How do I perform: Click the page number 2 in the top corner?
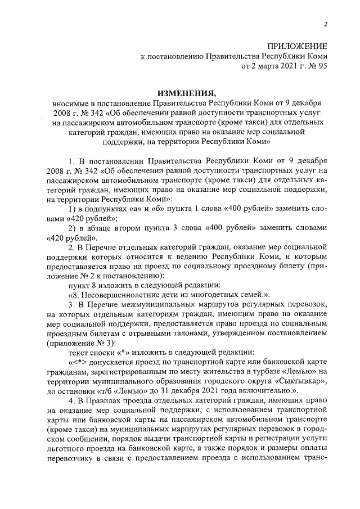pos(325,24)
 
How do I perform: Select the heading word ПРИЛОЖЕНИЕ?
pos(298,45)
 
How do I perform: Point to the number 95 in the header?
pos(321,66)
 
